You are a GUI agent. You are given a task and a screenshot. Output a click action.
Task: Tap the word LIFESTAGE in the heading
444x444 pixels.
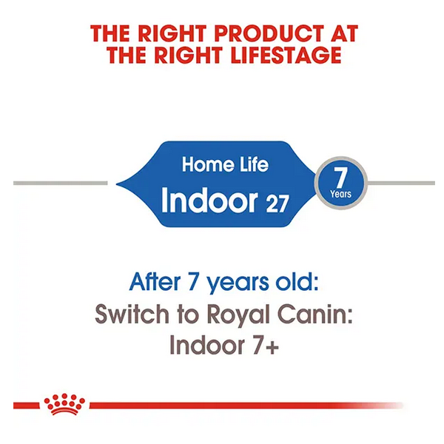[x=286, y=55]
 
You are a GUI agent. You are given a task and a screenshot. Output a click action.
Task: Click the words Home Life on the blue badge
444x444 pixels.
[x=225, y=164]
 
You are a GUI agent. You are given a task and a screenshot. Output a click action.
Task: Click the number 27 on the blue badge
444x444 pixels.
[x=277, y=203]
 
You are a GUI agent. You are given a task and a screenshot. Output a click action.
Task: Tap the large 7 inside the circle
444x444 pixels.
[x=340, y=178]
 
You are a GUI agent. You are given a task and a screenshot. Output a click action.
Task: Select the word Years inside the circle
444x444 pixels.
[x=340, y=194]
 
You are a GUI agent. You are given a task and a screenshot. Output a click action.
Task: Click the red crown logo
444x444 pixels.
[x=64, y=404]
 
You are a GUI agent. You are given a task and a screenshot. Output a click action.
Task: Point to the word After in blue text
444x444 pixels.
[x=155, y=282]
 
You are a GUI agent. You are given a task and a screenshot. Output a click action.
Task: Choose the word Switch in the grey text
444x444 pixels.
[x=132, y=314]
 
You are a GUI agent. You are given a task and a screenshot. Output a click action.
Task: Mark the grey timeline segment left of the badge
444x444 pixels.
[x=61, y=184]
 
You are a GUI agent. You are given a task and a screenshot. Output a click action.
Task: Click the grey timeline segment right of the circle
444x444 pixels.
[x=401, y=184]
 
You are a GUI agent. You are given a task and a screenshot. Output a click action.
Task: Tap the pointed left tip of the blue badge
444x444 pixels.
[x=117, y=184]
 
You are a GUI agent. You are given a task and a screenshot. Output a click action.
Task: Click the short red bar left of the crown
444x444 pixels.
[x=27, y=406]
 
